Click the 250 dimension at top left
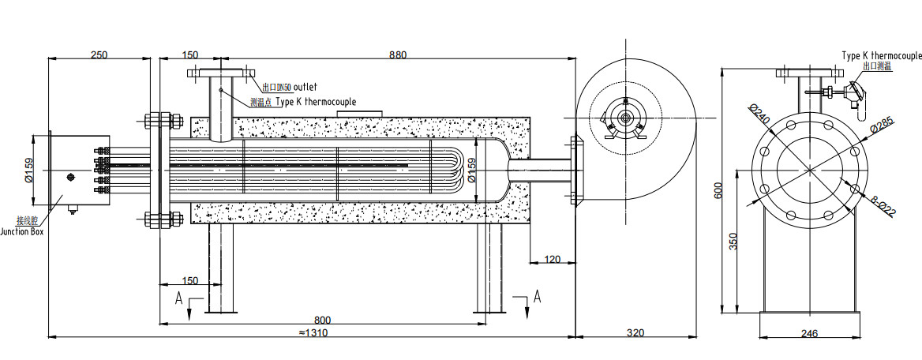[x=99, y=55]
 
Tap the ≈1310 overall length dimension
[x=313, y=332]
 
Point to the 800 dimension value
[x=322, y=320]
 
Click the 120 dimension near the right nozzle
[x=552, y=258]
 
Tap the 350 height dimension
[x=733, y=241]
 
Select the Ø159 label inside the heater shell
[x=472, y=169]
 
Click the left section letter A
[x=180, y=298]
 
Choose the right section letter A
[x=537, y=297]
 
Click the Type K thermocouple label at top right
[x=881, y=56]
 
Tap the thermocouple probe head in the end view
[x=855, y=94]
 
